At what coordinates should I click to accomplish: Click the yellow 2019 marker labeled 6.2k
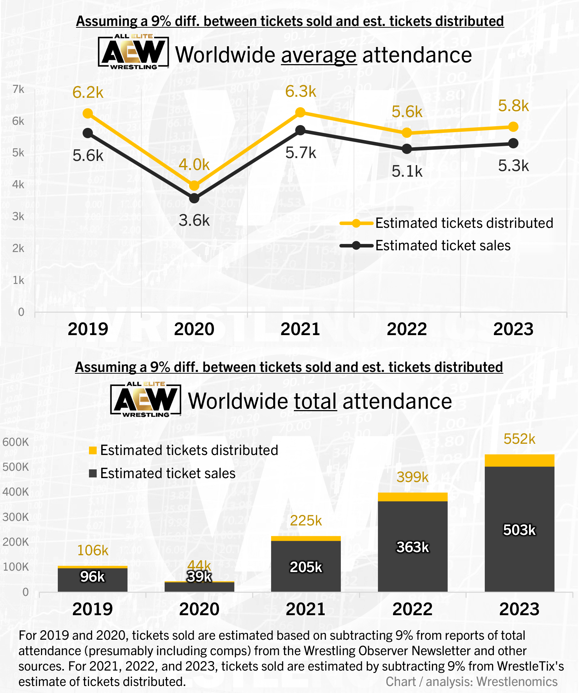pos(88,114)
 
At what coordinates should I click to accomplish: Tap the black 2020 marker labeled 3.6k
pos(194,198)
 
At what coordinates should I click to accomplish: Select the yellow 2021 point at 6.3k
pos(300,113)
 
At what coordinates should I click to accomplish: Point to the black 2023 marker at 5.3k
pos(513,143)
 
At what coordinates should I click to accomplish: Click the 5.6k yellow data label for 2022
pos(407,112)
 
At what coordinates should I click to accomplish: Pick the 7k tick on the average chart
pos(18,89)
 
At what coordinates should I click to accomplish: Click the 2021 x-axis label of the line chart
pos(300,329)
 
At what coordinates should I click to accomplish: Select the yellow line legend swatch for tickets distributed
pos(356,223)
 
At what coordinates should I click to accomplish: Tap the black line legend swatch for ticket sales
pos(356,245)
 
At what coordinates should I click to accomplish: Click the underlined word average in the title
pos(319,55)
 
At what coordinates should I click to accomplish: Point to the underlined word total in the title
pos(315,401)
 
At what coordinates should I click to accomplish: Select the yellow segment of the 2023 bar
pos(519,461)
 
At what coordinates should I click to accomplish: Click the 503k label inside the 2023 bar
pos(519,530)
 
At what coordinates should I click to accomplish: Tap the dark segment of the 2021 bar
pos(306,566)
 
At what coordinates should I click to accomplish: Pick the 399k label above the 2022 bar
pos(412,477)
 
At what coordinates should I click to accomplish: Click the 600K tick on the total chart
pos(15,442)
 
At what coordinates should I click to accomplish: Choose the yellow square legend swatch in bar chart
pos(93,450)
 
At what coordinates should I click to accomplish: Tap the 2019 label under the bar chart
pos(92,609)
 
